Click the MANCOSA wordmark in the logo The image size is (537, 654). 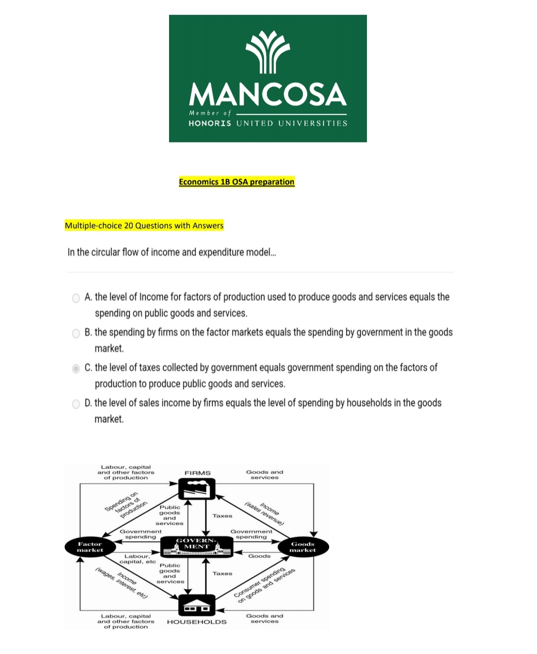tap(268, 95)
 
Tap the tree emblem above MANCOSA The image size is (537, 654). tap(268, 52)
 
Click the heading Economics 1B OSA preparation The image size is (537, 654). tap(237, 182)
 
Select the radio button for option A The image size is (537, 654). tap(76, 298)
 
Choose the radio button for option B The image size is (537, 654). tap(76, 333)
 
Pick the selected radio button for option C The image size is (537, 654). tap(76, 369)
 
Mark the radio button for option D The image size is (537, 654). tap(76, 404)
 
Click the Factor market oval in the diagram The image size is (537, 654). tap(90, 547)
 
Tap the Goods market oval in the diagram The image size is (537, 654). tap(303, 547)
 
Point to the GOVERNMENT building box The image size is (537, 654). tap(197, 546)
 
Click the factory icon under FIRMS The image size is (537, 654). tap(197, 489)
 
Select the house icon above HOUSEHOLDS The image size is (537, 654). tap(197, 605)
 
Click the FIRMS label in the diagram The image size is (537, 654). tap(197, 473)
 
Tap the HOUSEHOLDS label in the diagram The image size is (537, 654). tap(197, 622)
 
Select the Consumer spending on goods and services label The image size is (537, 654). tap(265, 585)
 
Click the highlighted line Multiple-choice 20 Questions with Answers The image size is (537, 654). tap(144, 225)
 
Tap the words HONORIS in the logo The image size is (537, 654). tap(210, 123)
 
